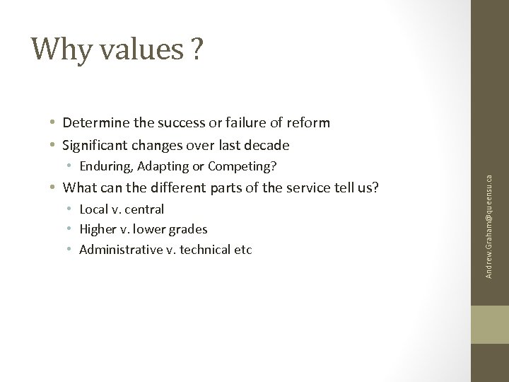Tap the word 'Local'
[x=95, y=209]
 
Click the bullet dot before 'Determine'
[x=54, y=124]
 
